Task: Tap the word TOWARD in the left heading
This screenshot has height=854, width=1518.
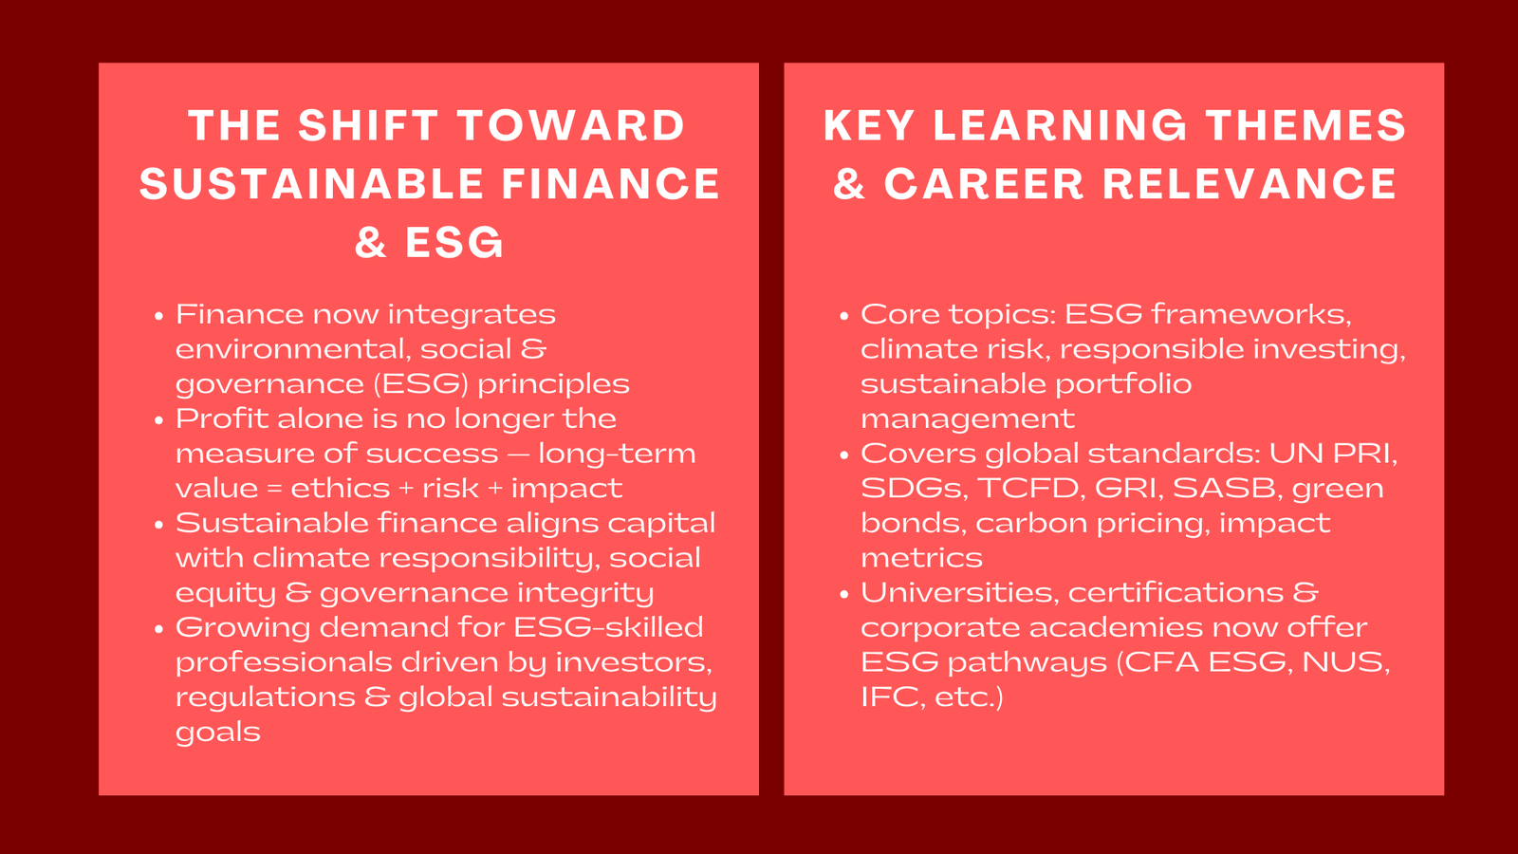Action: point(571,126)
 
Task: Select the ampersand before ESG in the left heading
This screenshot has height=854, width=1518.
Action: point(371,243)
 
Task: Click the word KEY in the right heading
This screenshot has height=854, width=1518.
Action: point(870,126)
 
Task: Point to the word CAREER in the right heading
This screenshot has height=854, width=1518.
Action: point(984,185)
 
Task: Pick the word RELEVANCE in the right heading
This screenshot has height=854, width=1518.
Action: point(1250,185)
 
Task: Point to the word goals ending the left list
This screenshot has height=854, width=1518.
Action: point(218,733)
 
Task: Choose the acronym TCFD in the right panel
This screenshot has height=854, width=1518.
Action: point(1029,488)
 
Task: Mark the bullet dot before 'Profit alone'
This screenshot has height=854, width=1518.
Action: point(159,420)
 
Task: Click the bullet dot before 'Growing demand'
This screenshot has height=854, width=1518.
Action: point(159,629)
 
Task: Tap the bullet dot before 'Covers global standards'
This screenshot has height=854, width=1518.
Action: point(844,455)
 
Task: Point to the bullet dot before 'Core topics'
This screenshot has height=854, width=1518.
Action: point(844,316)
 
